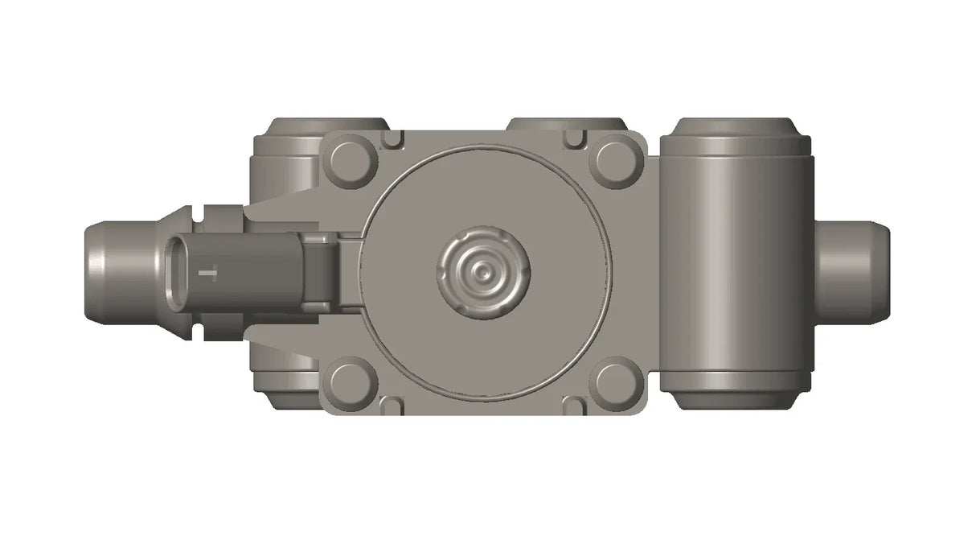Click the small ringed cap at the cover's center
tap(484, 271)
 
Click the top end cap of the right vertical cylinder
tap(736, 130)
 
